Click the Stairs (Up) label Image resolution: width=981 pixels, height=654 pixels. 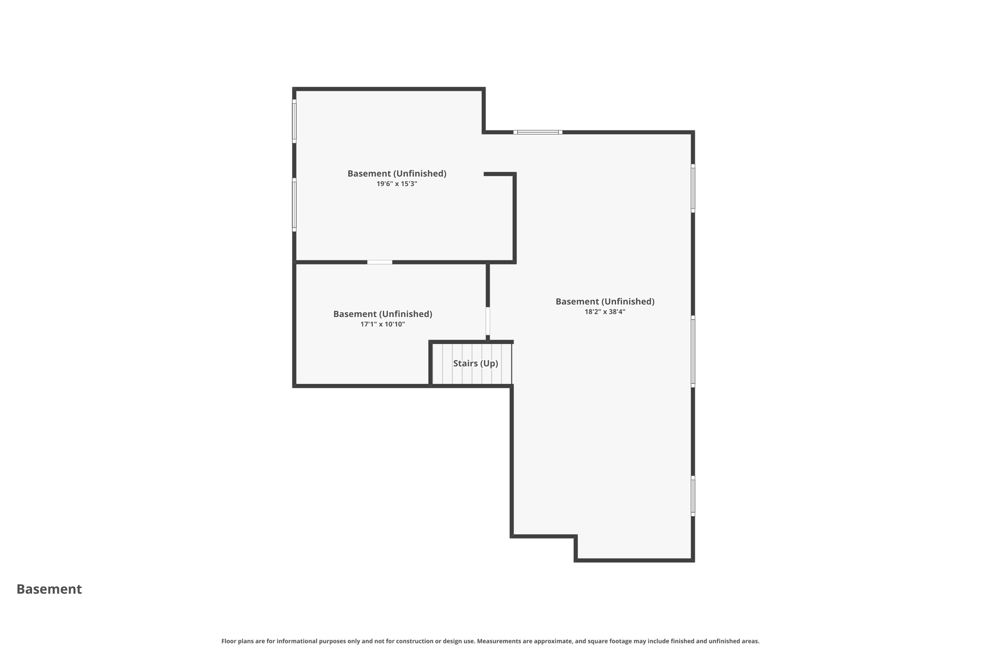click(475, 363)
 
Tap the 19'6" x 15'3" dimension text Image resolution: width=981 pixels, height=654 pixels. click(397, 184)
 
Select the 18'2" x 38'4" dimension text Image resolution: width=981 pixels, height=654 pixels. click(605, 312)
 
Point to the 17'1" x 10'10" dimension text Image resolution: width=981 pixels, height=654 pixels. click(382, 324)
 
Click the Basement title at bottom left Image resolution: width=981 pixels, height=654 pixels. click(49, 589)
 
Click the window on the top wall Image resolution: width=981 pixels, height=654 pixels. click(537, 132)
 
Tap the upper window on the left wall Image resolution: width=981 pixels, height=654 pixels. click(294, 121)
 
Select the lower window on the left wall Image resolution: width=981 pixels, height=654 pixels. click(294, 205)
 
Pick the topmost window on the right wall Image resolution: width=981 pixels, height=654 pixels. click(693, 188)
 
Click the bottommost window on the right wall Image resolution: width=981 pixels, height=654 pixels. click(693, 496)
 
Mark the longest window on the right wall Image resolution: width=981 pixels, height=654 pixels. click(693, 352)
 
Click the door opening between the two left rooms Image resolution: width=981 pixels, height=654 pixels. click(379, 262)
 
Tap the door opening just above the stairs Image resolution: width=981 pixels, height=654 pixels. click(488, 321)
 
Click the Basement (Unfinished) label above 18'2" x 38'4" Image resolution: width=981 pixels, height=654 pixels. click(605, 301)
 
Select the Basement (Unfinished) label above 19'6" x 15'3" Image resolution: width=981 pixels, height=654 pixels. click(397, 173)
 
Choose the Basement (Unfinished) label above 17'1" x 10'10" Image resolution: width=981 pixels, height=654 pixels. click(382, 314)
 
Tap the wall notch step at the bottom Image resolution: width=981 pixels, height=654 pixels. click(576, 547)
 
